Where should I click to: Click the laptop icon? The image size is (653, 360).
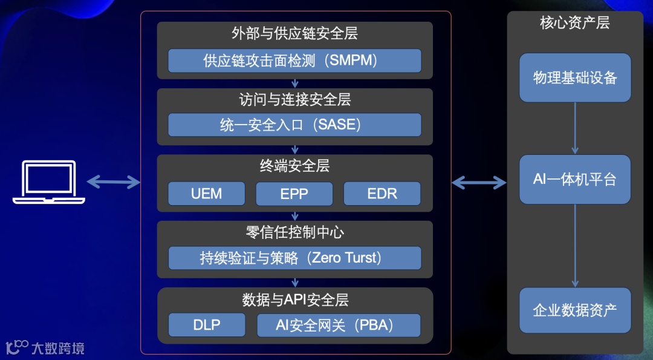(49, 182)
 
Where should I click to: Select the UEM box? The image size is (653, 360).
(207, 194)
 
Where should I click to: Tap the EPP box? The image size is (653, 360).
(294, 194)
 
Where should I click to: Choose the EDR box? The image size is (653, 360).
(382, 194)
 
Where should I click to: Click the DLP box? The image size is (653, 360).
(207, 325)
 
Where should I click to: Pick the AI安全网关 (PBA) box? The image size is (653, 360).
(339, 325)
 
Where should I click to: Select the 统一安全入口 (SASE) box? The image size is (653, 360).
(294, 125)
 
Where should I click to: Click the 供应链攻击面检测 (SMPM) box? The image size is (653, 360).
(294, 61)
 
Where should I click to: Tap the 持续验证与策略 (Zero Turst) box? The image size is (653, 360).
(294, 258)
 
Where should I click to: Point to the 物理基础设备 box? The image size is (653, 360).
(575, 77)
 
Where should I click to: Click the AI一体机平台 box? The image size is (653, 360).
(575, 179)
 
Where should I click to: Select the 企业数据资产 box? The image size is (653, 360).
(575, 310)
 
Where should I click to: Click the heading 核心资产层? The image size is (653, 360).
(574, 23)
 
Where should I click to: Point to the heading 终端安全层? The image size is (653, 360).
(294, 165)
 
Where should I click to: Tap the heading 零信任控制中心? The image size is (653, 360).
(294, 232)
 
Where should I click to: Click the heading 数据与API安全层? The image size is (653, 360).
(294, 299)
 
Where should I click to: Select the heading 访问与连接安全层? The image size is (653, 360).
(294, 99)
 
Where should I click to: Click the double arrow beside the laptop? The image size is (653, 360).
(114, 182)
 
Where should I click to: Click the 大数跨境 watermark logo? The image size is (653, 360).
(45, 347)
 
